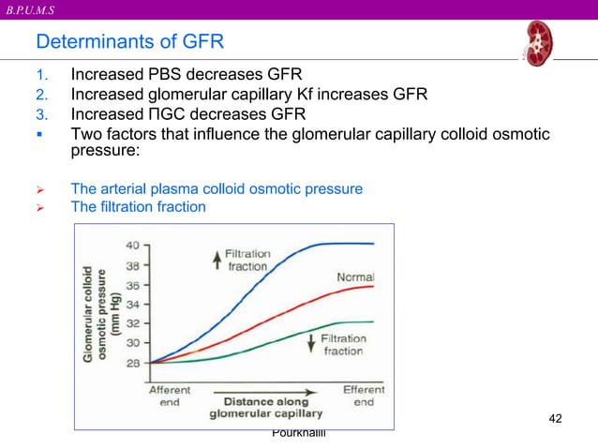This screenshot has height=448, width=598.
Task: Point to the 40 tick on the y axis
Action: pyautogui.click(x=135, y=245)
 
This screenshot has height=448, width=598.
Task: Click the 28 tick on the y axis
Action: pyautogui.click(x=135, y=362)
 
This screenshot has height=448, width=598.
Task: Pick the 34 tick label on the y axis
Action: pyautogui.click(x=135, y=304)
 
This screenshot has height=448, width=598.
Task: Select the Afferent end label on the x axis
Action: pyautogui.click(x=170, y=396)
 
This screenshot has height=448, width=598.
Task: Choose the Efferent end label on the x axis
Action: pyautogui.click(x=364, y=396)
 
